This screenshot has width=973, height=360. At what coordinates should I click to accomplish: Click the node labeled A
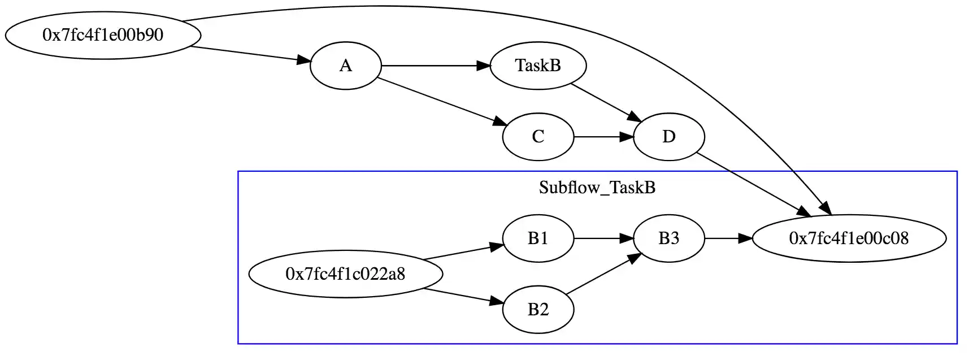[345, 66]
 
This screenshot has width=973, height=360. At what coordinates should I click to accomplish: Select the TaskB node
[538, 66]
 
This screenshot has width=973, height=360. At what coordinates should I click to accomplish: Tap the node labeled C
[538, 137]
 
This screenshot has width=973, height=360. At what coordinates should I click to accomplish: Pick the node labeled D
[668, 137]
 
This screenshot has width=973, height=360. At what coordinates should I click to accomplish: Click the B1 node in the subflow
[538, 238]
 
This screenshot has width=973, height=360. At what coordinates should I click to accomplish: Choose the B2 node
[538, 310]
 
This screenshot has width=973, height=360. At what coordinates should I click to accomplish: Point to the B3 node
[668, 238]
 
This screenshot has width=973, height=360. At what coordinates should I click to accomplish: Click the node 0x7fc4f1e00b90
[103, 35]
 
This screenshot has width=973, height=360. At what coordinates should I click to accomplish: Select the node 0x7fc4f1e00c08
[849, 238]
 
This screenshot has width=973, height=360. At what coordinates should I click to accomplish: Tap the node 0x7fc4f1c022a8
[345, 274]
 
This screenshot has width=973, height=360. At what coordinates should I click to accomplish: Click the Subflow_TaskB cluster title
[597, 188]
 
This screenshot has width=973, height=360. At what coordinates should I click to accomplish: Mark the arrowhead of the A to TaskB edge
[484, 66]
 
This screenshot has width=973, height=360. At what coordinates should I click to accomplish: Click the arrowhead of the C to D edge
[627, 137]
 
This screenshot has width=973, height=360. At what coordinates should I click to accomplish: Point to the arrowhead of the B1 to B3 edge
[627, 238]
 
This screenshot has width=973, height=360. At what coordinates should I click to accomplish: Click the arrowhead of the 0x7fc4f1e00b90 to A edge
[303, 60]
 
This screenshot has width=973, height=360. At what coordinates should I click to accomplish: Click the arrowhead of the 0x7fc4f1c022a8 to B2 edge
[496, 302]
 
